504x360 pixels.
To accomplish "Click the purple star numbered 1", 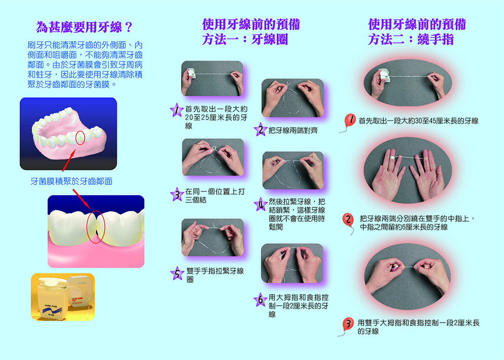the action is pos(176,110).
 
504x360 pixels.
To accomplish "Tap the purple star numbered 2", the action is pos(260,130).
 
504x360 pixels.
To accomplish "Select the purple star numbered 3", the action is pos(177,194).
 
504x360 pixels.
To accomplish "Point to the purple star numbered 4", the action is pos(261,204).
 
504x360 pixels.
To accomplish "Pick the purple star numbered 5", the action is pos(177,273).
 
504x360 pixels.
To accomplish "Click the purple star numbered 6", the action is pos(260,300).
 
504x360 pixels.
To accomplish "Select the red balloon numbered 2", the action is pos(348,219).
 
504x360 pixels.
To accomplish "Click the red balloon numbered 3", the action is pos(348,324).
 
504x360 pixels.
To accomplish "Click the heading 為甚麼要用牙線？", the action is pos(84,27).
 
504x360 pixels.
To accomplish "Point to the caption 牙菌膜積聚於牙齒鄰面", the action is pos(72,181).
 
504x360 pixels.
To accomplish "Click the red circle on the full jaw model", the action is pos(80,137).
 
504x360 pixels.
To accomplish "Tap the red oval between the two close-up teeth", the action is pos(96,227).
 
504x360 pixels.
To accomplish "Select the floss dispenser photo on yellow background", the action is pos(63,297).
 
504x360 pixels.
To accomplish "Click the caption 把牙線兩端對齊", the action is pos(293,130).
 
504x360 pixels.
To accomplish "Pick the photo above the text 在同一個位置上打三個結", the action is pos(213,157).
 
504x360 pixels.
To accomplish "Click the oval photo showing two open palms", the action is pos(407,170).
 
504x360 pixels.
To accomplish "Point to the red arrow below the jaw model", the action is pos(69,160).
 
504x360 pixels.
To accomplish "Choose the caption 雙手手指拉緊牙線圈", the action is pos(215,275).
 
